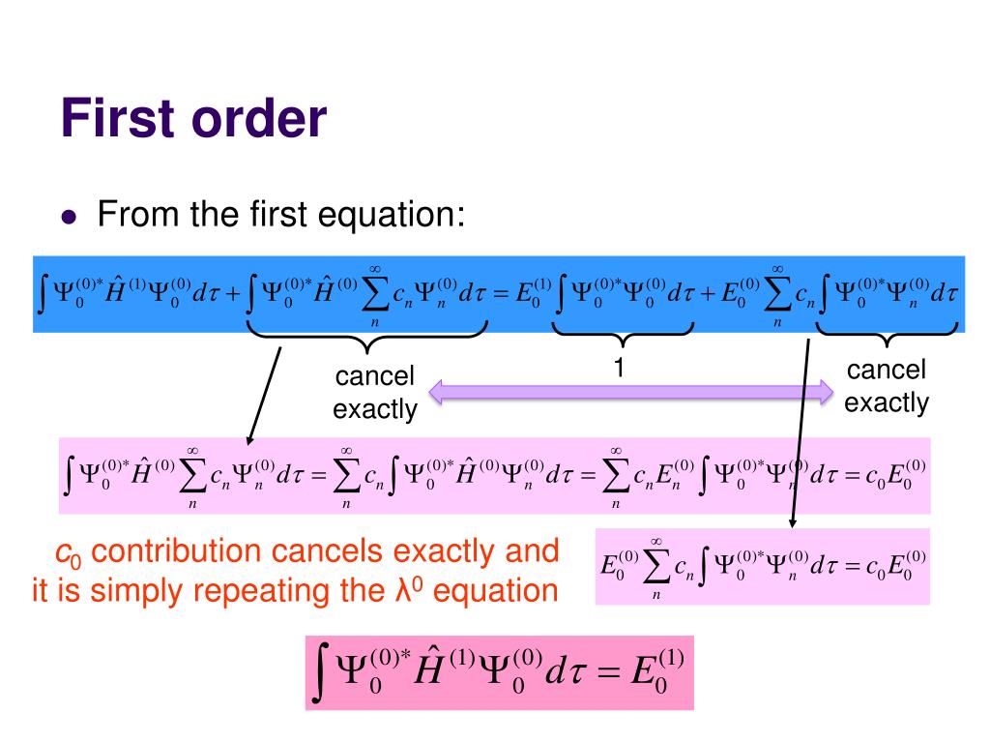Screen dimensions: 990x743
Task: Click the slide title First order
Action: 193,120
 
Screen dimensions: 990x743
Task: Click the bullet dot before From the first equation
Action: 69,216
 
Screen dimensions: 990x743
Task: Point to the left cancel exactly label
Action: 374,392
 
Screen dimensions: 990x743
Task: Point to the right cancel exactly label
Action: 886,386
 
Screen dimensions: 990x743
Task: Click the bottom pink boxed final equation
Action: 499,672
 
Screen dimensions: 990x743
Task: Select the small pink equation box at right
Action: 763,566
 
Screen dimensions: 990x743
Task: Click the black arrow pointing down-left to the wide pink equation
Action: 263,397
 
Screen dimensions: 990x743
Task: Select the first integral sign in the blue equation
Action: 41,294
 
